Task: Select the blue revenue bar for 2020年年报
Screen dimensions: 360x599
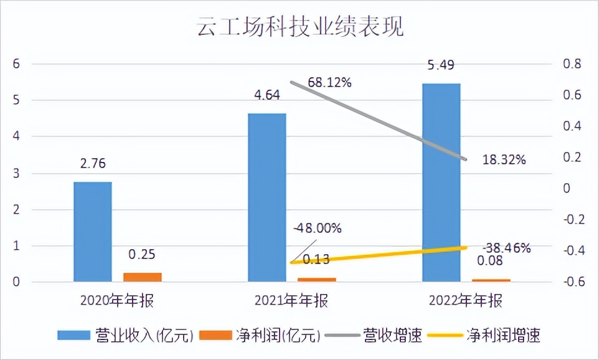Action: click(93, 232)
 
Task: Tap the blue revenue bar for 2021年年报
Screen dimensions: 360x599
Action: click(267, 198)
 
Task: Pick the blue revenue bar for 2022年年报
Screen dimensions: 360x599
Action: click(441, 182)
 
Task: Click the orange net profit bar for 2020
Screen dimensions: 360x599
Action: click(142, 277)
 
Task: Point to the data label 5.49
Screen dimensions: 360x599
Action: click(441, 64)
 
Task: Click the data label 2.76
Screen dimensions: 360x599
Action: click(93, 164)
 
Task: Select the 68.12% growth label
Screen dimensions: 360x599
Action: click(329, 82)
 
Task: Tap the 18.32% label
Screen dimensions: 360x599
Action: click(504, 159)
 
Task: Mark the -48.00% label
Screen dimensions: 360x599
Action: click(317, 228)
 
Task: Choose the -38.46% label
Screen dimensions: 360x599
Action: click(506, 248)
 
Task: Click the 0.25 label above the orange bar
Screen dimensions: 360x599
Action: click(142, 254)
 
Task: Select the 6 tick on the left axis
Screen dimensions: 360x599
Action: click(17, 64)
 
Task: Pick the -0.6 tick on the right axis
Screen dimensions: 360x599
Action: click(571, 282)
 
